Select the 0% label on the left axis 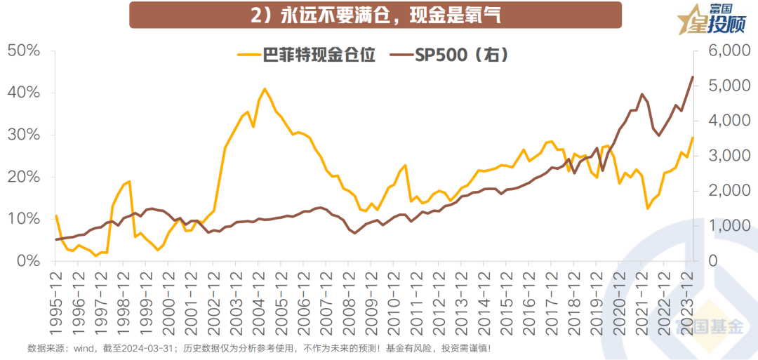[x=27, y=261]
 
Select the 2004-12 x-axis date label [x=258, y=295]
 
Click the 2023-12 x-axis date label [x=691, y=295]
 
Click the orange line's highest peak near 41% [x=265, y=89]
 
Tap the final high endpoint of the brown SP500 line [x=693, y=76]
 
